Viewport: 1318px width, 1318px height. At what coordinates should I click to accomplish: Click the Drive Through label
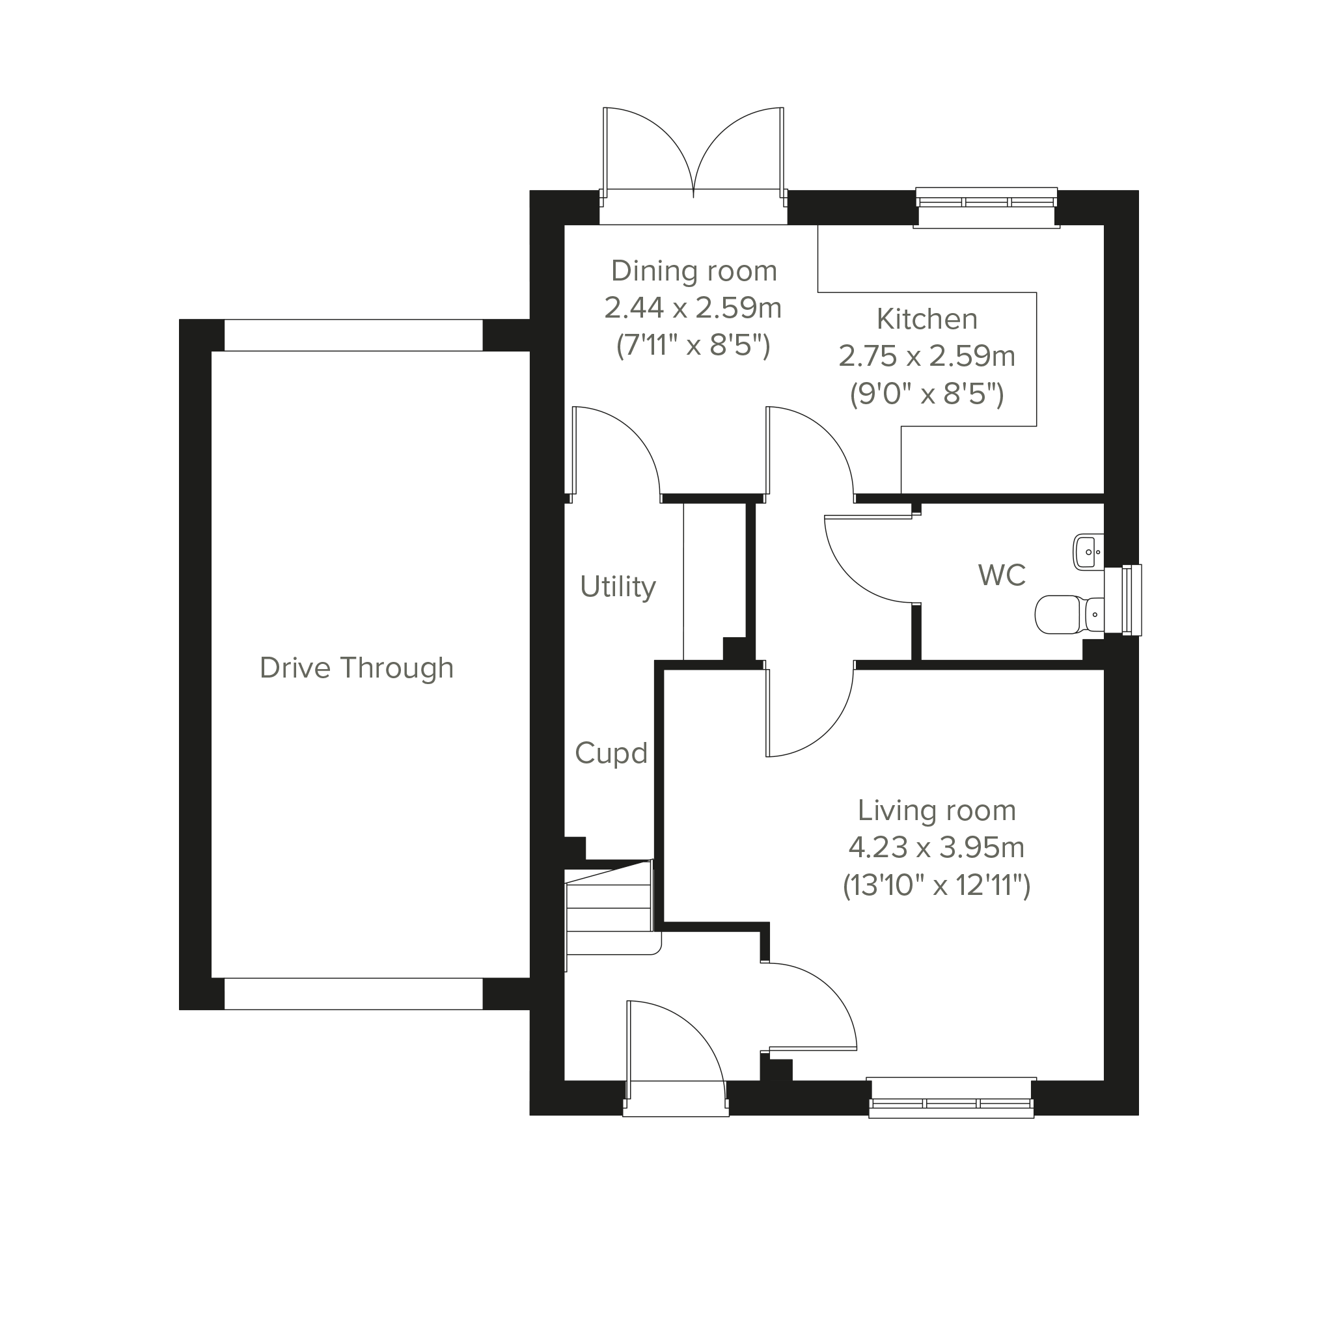(x=357, y=668)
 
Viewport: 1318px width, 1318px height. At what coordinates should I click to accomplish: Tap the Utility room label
(x=618, y=587)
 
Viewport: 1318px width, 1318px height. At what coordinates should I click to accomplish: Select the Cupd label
(x=611, y=754)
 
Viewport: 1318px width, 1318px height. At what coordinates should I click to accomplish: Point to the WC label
(x=1002, y=576)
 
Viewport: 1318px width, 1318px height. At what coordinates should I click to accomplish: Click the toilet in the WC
(x=1069, y=614)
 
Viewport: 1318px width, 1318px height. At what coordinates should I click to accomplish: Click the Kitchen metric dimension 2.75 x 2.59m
(x=927, y=356)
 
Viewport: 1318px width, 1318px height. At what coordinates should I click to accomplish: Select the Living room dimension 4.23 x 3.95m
(x=937, y=848)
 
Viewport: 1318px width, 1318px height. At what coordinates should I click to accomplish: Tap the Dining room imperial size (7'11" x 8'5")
(x=694, y=346)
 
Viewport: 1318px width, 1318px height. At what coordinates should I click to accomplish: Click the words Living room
(x=937, y=810)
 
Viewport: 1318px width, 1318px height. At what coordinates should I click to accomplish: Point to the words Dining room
(x=694, y=271)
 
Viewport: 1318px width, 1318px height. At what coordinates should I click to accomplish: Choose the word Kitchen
(x=927, y=320)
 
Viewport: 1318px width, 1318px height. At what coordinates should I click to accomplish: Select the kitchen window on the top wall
(x=987, y=208)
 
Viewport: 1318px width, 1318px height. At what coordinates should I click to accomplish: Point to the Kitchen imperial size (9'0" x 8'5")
(x=927, y=394)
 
